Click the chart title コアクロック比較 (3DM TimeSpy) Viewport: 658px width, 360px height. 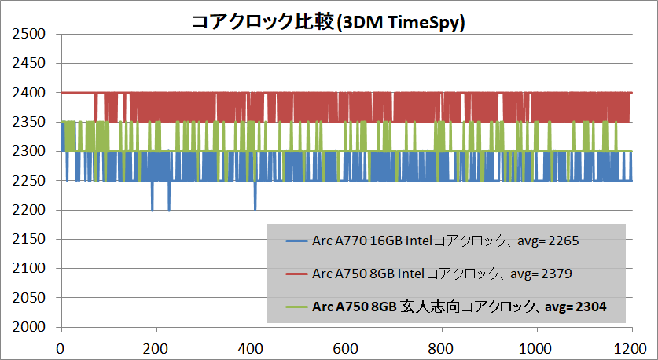[329, 22]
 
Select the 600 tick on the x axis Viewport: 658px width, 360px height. [347, 347]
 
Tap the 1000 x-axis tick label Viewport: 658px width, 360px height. [537, 347]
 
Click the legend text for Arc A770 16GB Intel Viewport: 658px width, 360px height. [445, 242]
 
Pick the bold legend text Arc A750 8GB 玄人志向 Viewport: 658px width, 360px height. [460, 307]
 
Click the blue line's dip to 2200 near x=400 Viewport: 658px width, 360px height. [255, 208]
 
